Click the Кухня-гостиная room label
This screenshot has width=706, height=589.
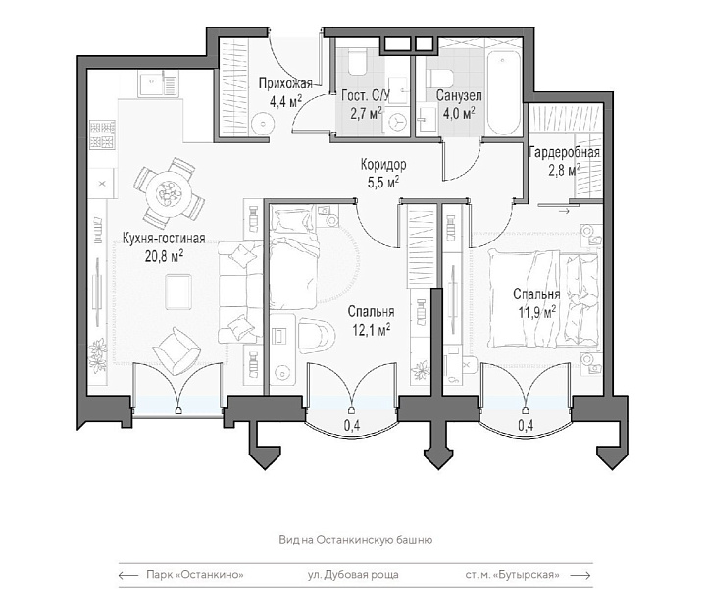164,239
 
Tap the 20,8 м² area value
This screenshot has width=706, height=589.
164,255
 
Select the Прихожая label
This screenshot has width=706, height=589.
285,83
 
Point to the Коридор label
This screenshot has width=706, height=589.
383,165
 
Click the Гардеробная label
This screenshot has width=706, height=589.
564,153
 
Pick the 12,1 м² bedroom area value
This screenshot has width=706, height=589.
371,329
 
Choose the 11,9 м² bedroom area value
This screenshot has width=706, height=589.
536,312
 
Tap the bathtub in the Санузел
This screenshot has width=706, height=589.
503,92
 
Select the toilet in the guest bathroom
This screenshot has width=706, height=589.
359,63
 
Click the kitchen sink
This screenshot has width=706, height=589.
157,84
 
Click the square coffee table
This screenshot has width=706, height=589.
178,292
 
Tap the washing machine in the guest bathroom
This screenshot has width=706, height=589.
397,121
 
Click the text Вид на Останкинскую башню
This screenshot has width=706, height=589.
356,540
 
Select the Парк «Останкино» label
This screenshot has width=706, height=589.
195,575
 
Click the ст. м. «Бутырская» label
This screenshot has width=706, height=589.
513,575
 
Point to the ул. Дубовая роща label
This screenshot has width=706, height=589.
353,575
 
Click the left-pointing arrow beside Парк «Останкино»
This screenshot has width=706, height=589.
128,575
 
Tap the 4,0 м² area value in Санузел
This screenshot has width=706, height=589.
459,113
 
